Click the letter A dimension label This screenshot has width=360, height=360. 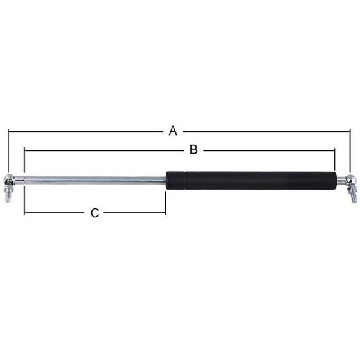(172, 131)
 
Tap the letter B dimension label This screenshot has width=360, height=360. (192, 150)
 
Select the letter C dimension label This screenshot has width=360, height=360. (94, 213)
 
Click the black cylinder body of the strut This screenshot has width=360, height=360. (251, 180)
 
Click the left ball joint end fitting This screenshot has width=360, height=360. (11, 179)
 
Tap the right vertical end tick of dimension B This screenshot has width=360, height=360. (335, 161)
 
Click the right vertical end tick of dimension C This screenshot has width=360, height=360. (166, 203)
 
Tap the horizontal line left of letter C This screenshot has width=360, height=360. (55, 213)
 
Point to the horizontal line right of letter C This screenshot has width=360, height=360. (134, 213)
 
